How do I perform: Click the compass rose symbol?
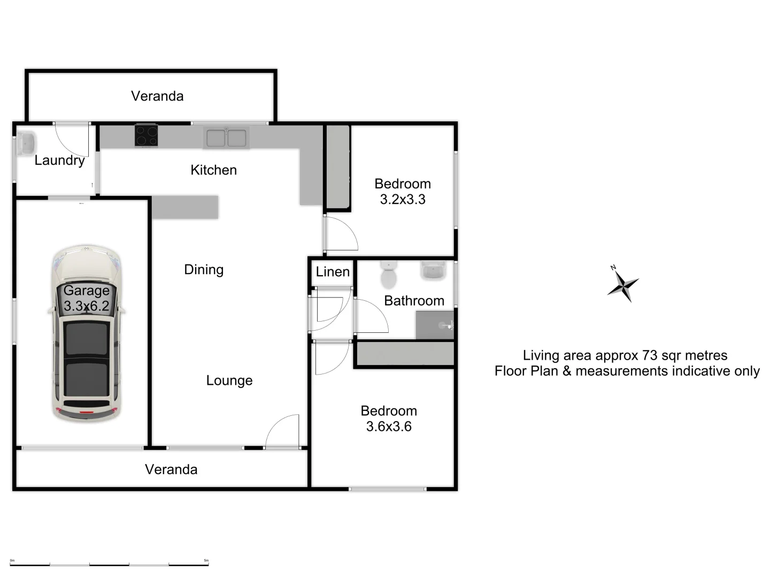(623, 284)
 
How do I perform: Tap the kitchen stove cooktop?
(146, 135)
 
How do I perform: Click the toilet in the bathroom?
(388, 275)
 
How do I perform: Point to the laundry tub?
(25, 143)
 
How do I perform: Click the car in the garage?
(86, 333)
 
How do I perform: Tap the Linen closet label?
(333, 272)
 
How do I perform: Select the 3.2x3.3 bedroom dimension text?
(402, 200)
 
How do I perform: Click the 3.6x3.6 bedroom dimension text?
(389, 427)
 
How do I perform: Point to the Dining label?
(204, 270)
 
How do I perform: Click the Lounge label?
(229, 381)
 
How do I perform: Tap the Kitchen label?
(213, 170)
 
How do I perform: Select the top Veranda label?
(157, 96)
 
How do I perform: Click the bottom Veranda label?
(171, 469)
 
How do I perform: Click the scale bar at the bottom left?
(110, 564)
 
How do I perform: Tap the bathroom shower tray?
(435, 325)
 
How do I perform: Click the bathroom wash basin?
(433, 271)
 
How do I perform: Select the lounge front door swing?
(282, 431)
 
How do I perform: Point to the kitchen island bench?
(185, 207)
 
